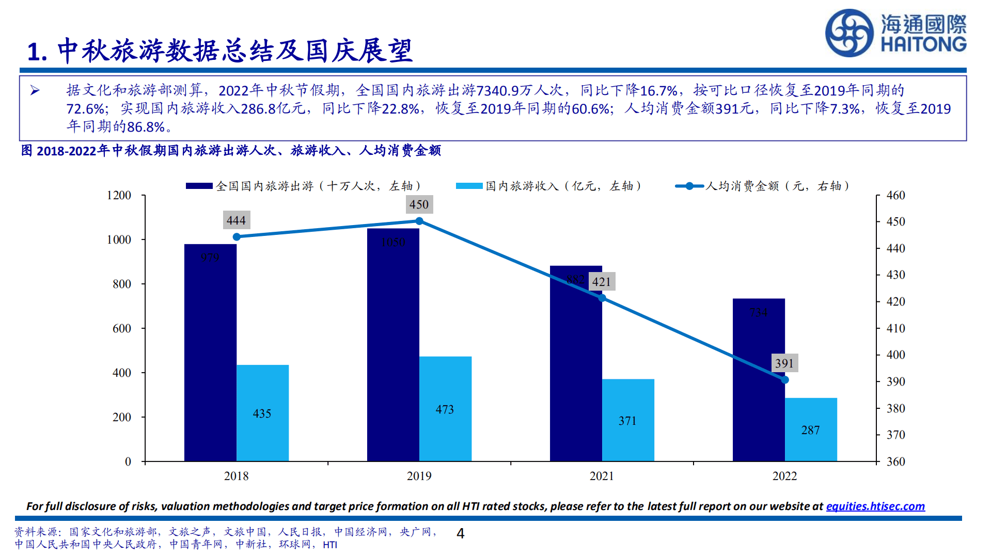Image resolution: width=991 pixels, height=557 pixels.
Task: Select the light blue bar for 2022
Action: tap(811, 429)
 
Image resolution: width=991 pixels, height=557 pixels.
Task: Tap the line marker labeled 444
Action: tap(237, 237)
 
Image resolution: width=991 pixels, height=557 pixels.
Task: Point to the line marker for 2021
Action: tap(602, 298)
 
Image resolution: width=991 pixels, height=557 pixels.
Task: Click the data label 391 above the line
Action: tap(784, 363)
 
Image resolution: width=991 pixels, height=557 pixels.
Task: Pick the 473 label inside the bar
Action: tap(445, 409)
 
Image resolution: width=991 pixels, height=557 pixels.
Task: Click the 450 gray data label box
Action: tap(419, 204)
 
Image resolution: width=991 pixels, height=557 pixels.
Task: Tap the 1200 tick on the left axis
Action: tap(119, 195)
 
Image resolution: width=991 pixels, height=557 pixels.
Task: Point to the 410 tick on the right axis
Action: tap(895, 328)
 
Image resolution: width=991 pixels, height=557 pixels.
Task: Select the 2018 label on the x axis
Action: tap(236, 476)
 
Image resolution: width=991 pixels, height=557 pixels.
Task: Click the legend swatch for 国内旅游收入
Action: tap(469, 186)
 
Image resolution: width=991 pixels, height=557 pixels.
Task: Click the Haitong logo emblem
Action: tap(849, 33)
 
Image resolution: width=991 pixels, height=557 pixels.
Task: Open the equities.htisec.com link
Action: tap(875, 506)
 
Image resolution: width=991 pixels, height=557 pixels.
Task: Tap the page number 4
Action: tap(461, 533)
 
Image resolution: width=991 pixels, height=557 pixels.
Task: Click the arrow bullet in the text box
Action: tap(35, 91)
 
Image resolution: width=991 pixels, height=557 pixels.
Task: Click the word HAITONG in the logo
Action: tap(923, 44)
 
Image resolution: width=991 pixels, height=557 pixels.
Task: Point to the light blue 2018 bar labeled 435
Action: tap(262, 413)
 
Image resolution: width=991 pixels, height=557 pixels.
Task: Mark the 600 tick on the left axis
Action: tap(122, 328)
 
